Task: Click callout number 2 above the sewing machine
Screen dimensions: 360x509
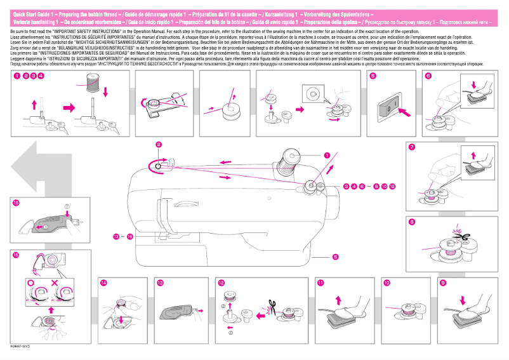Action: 159,145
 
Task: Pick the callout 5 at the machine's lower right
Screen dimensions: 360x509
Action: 334,257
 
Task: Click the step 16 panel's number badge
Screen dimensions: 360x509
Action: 16,202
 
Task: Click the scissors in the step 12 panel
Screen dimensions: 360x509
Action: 270,310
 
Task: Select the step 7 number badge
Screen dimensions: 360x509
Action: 412,148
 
